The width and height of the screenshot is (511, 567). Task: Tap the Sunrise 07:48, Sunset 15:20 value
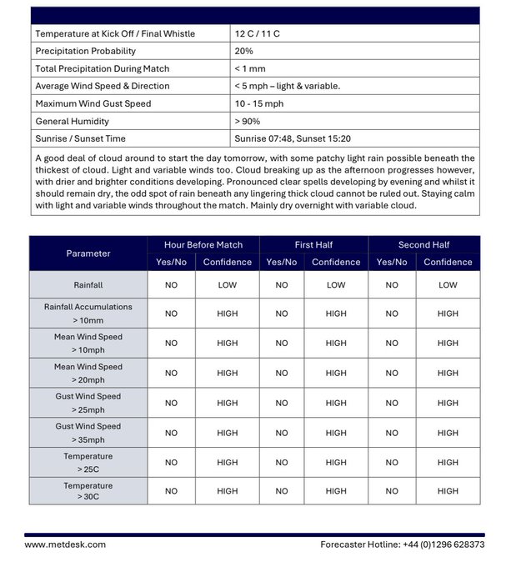coord(292,138)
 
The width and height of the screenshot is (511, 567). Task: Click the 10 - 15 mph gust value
coord(259,103)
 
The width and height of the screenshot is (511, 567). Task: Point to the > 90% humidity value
coord(249,121)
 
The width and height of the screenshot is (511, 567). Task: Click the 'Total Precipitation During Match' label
coord(102,68)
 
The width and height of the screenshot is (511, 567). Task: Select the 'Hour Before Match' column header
coord(203,245)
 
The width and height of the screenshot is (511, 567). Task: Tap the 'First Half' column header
coord(314,245)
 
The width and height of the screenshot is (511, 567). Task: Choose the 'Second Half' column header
coord(424,245)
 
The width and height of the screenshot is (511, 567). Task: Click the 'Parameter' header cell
coord(88,253)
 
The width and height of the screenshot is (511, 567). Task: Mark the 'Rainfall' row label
coord(88,285)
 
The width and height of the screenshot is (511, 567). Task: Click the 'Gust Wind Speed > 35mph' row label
coord(88,433)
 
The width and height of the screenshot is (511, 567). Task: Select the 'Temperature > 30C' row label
coord(88,491)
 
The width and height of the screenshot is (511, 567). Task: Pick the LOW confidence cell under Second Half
coord(448,285)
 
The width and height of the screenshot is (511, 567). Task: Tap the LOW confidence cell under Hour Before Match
coord(227,285)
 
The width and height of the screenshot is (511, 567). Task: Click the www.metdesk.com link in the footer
coord(65,544)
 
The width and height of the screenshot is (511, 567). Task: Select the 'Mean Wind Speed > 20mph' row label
coord(88,373)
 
